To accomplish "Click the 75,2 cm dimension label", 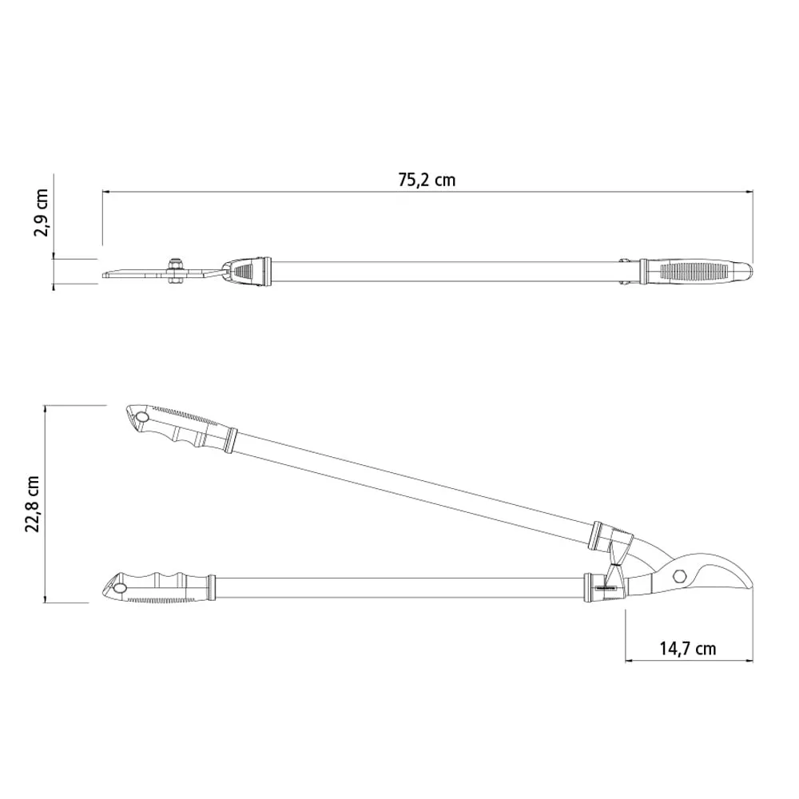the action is click(x=427, y=180).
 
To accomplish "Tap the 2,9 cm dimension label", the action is click(x=41, y=213).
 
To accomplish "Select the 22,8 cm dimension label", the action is click(x=32, y=504).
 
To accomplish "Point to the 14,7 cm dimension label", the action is click(x=688, y=649).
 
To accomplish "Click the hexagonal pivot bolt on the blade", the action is click(x=678, y=576).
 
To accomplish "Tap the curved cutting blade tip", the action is click(x=749, y=586).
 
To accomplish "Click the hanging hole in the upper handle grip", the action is click(x=141, y=418).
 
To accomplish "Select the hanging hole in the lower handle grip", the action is click(x=121, y=589).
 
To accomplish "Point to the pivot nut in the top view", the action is click(x=175, y=271).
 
